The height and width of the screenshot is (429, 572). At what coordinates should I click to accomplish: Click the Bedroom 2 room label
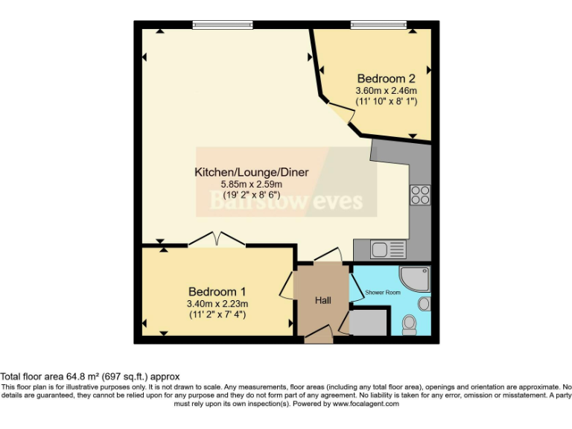386,78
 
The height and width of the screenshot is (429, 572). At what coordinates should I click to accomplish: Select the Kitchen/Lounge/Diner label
251,172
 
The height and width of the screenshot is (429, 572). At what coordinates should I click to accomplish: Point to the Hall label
323,300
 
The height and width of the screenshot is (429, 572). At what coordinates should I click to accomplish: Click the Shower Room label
382,293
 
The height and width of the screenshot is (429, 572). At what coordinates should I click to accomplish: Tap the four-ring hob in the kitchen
419,194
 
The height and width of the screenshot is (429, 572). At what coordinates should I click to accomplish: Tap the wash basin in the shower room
423,304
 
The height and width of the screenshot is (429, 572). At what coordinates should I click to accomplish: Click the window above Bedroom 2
378,25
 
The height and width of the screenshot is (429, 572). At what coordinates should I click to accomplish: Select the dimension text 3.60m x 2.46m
386,90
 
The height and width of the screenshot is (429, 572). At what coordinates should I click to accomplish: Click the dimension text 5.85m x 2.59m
251,184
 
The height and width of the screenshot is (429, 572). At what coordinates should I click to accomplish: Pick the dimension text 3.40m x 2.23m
217,303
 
